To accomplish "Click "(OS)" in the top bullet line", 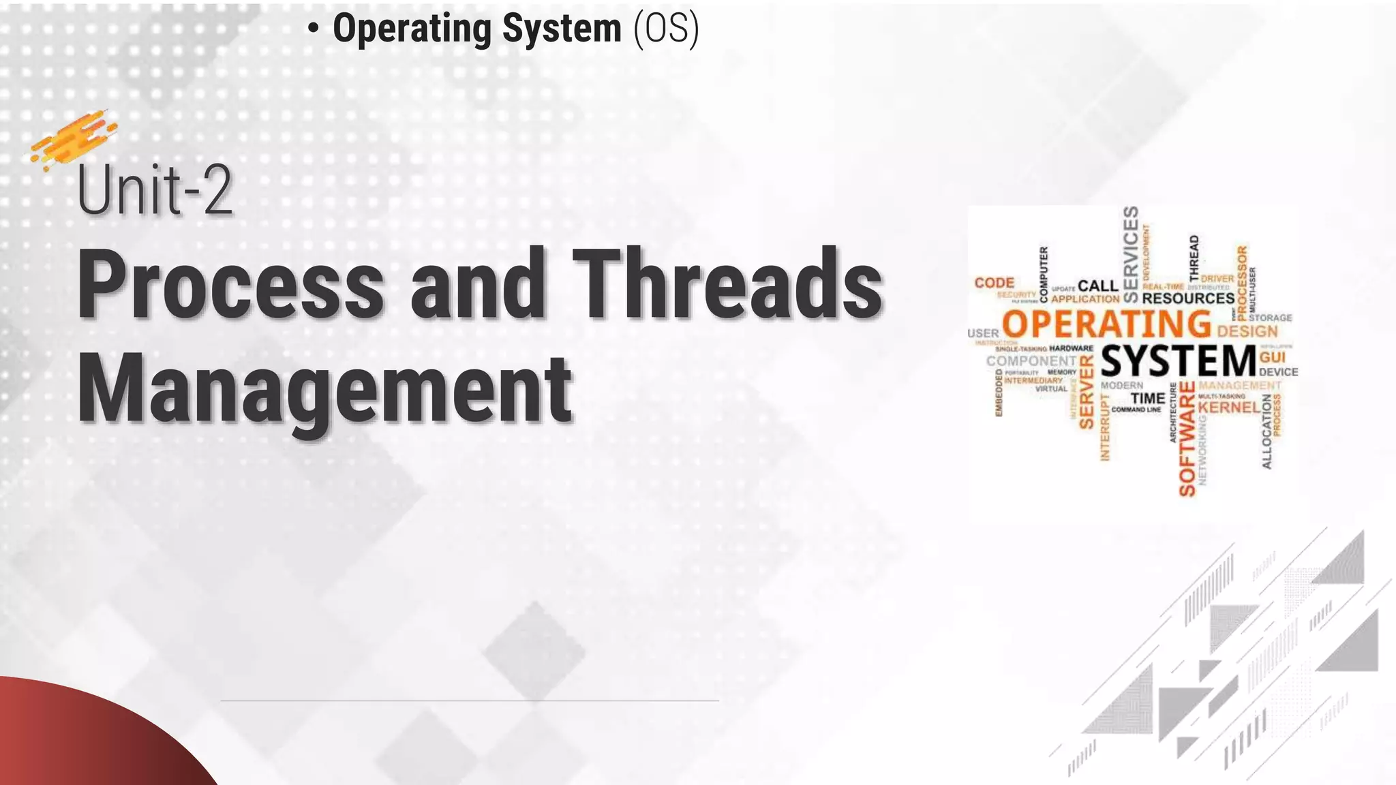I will click(666, 29).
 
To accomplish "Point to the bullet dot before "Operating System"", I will click(313, 29).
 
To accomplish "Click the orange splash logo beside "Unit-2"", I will click(72, 140).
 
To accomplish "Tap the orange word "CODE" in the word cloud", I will click(995, 282).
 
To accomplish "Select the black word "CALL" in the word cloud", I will click(1098, 286).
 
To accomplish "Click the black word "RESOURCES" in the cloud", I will click(1188, 298).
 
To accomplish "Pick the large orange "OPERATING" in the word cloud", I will click(1106, 324).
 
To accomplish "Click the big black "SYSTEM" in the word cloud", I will click(1179, 361).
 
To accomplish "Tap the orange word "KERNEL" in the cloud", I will click(1229, 407).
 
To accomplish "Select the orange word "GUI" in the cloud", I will click(1272, 357).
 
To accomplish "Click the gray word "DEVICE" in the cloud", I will click(1278, 372).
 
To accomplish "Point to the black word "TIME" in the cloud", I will click(1148, 398).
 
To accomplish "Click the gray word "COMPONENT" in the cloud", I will click(1031, 360).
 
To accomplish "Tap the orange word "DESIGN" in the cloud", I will click(1247, 332).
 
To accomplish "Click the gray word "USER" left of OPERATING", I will click(983, 333).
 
